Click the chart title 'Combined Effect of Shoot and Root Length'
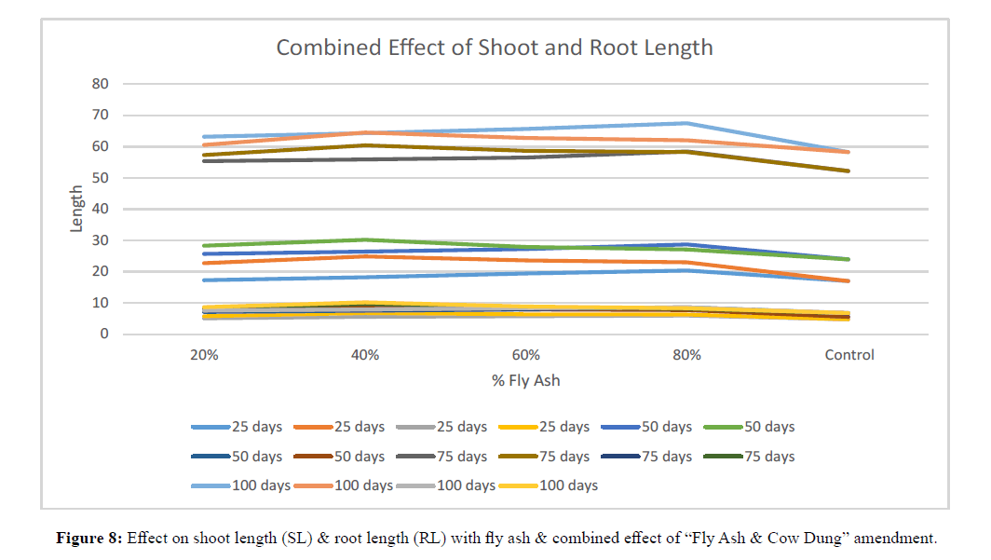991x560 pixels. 495,48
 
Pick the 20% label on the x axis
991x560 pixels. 204,355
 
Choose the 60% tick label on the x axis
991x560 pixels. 526,355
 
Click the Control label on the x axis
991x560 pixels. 848,355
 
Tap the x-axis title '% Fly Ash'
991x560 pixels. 526,380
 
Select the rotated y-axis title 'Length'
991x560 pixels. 76,209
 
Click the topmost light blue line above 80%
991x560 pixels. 687,123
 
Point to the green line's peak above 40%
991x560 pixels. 365,239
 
